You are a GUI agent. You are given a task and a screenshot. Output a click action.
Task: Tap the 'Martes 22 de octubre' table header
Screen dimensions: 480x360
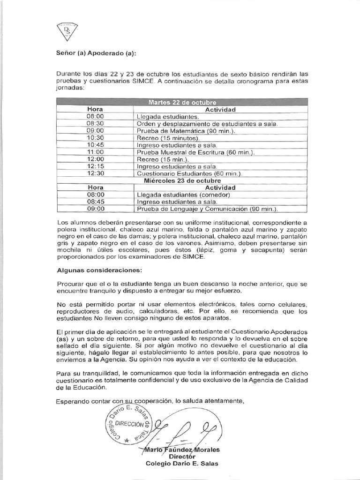pos(182,102)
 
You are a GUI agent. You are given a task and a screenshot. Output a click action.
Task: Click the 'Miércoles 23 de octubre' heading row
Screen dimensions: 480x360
pos(182,180)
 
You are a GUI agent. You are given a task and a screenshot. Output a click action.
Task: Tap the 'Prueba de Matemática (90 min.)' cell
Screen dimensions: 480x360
pos(186,131)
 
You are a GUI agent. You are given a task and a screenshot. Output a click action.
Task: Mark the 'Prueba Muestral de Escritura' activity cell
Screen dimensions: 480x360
pos(195,152)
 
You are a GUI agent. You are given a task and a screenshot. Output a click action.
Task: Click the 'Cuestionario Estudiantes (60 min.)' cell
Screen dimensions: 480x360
pos(189,173)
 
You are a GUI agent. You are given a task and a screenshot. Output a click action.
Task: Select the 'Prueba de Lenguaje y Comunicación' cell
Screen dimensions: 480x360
pos(207,209)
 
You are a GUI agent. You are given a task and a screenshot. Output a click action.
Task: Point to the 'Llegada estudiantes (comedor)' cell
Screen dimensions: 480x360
pos(183,195)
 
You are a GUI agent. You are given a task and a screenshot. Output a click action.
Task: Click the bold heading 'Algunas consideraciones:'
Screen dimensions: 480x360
pos(92,270)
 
